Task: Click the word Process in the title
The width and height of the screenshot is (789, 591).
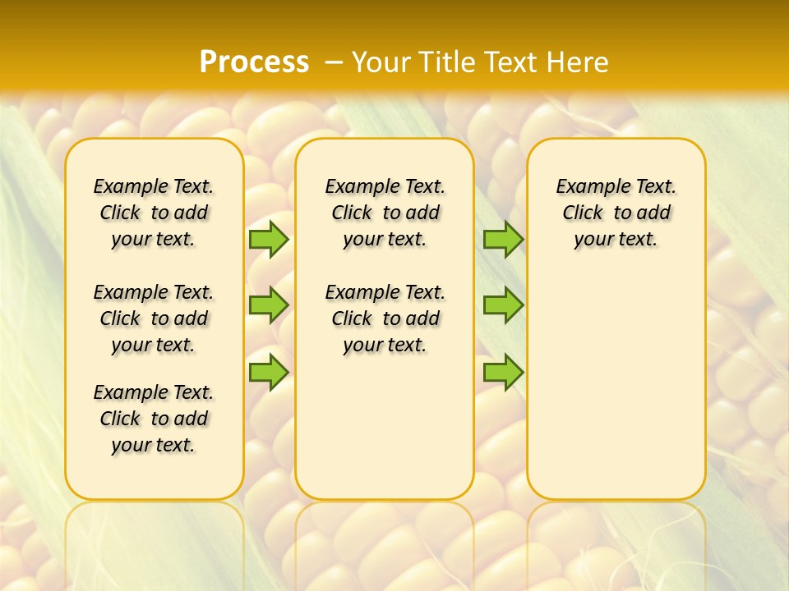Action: point(254,62)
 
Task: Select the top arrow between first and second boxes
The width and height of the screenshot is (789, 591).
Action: point(269,240)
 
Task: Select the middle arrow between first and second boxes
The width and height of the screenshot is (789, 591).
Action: point(269,305)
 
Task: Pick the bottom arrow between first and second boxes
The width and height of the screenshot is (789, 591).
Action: point(269,372)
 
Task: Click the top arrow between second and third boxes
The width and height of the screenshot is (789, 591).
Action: point(503,240)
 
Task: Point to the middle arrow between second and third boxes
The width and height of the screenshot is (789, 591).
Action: point(503,305)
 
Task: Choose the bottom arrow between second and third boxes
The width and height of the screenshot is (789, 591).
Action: point(503,372)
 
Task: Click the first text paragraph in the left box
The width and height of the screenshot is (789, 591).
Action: point(154,213)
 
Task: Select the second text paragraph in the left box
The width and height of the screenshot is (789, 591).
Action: point(154,318)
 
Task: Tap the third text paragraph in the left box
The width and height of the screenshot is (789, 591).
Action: point(154,419)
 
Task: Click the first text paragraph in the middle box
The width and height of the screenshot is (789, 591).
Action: point(385,213)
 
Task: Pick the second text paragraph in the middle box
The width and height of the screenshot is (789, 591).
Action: point(385,318)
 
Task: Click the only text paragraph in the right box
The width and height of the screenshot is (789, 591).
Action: point(616,213)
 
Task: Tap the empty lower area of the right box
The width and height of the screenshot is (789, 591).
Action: point(616,394)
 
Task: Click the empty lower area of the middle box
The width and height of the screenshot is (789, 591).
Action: point(385,427)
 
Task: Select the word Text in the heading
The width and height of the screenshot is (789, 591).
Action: point(514,62)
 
